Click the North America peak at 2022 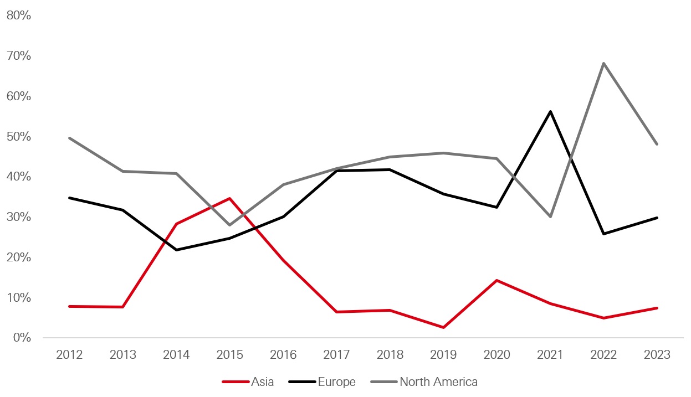pos(603,63)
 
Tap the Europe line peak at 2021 pos(550,111)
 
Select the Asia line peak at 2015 pos(229,198)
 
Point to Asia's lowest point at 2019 pos(443,327)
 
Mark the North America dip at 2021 pos(550,216)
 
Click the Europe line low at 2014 pos(176,250)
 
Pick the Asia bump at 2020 pos(497,280)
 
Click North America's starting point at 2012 pos(69,138)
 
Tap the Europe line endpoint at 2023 pos(657,218)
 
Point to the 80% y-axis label pos(18,16)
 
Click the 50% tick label pos(18,136)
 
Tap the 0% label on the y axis pos(21,338)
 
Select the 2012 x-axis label pos(69,355)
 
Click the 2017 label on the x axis pos(336,355)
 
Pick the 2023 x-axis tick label pos(657,355)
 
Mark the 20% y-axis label pos(18,257)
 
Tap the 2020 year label pos(497,355)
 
